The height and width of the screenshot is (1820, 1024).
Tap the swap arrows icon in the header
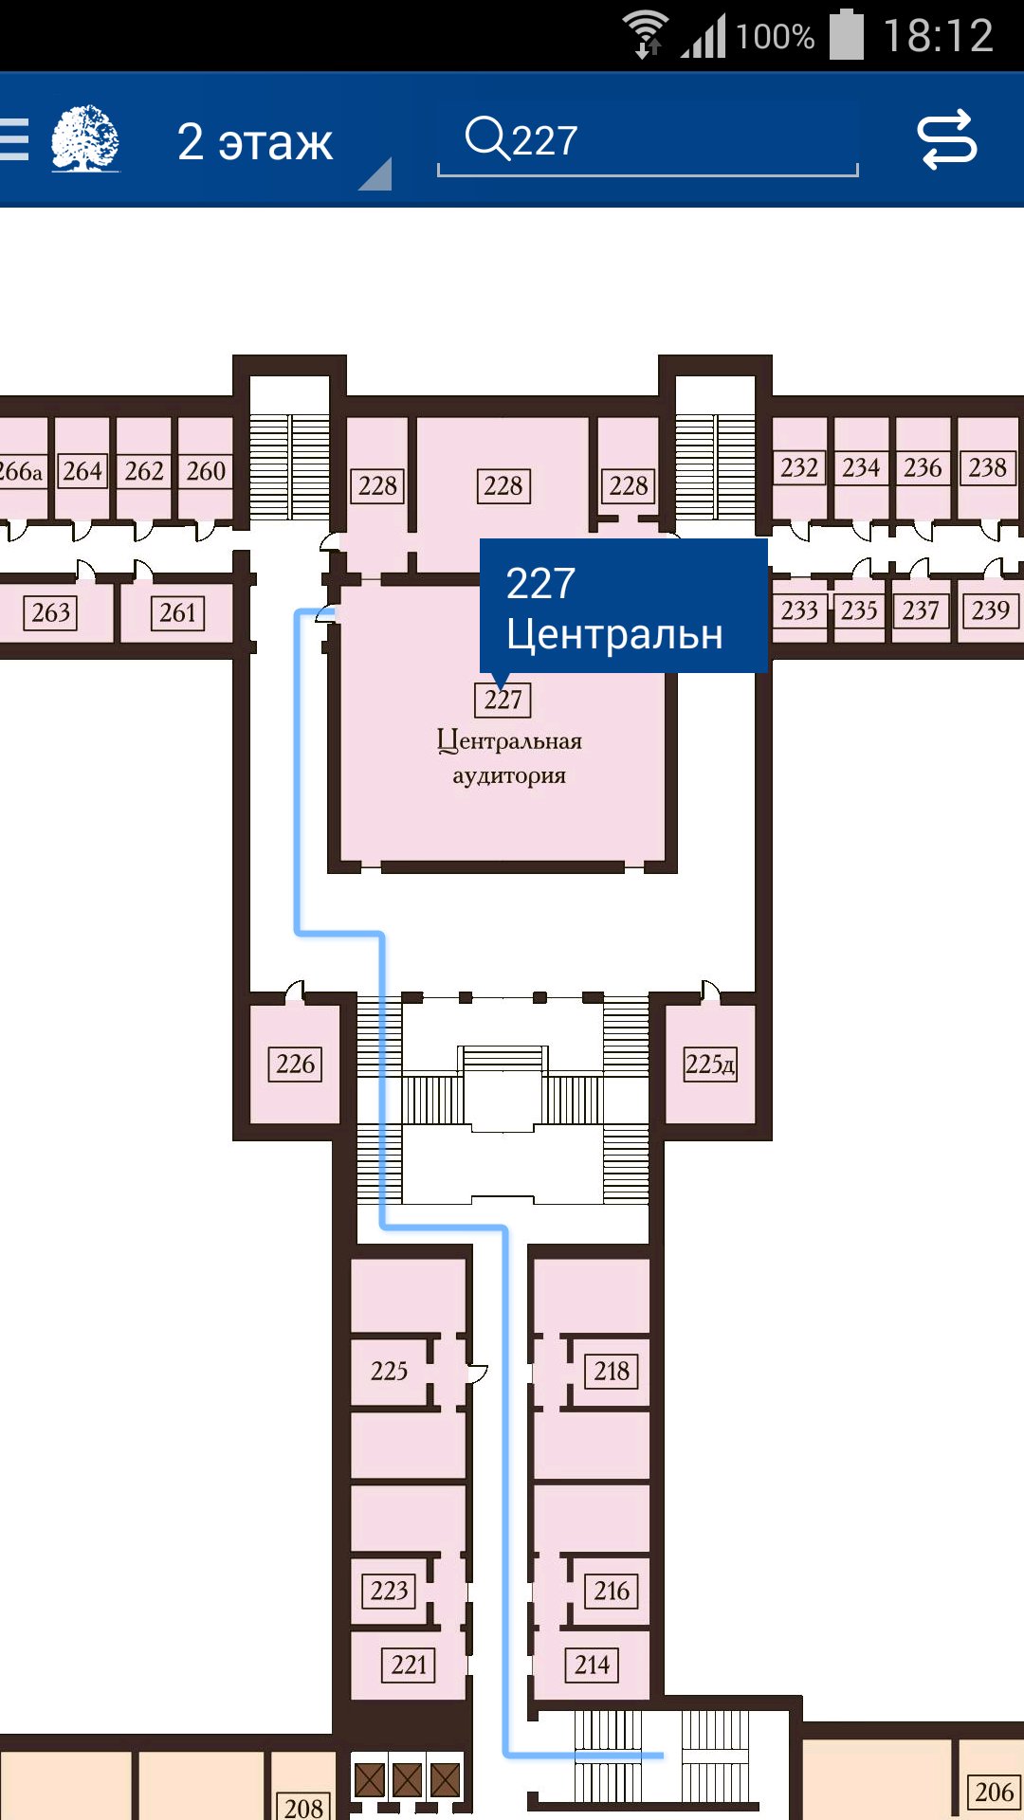[947, 139]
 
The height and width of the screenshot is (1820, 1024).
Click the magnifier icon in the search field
[487, 138]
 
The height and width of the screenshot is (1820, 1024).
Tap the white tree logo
[85, 138]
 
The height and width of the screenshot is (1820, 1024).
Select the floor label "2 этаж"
[255, 141]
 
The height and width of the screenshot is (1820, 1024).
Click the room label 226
[295, 1064]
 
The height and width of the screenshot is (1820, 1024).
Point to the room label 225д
[710, 1064]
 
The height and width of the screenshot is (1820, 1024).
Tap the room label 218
[612, 1371]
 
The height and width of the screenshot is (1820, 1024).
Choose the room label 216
[612, 1591]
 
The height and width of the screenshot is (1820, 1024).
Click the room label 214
[592, 1665]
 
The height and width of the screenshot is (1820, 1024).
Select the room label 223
[389, 1591]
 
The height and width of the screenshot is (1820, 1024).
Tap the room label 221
[409, 1665]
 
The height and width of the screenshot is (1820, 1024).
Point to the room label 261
[177, 612]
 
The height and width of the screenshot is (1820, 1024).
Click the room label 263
[50, 612]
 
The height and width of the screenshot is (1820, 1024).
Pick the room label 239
[991, 610]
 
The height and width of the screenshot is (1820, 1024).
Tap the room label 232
[799, 467]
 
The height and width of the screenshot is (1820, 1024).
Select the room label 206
[994, 1792]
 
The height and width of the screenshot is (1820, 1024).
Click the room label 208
[303, 1806]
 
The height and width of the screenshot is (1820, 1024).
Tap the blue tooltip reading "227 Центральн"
[623, 607]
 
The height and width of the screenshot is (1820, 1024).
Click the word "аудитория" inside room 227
[509, 775]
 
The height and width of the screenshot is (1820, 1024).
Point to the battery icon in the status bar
[847, 35]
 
